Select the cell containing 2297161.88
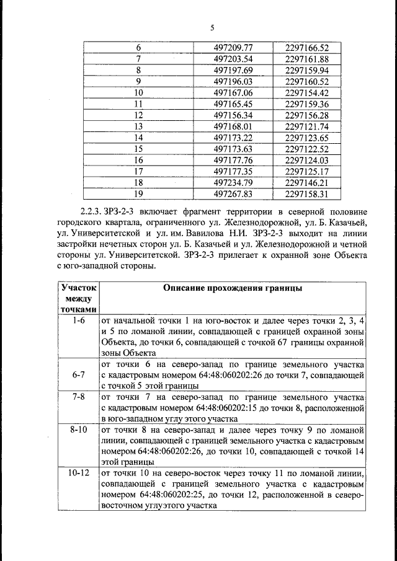click(306, 59)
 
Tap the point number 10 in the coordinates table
click(138, 92)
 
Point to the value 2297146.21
click(306, 182)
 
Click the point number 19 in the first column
click(138, 193)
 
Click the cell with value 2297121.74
click(306, 126)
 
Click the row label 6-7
click(78, 374)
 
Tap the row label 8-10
click(78, 429)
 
